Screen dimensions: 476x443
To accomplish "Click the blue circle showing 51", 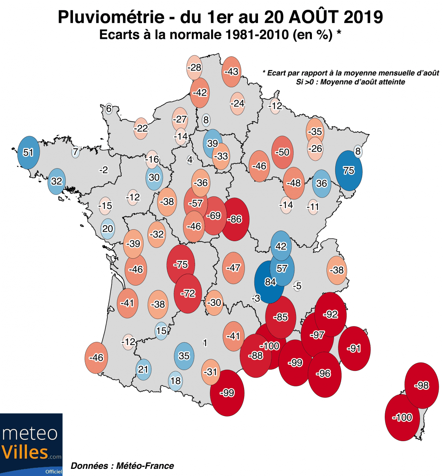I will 29,152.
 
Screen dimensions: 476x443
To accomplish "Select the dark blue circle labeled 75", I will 349,171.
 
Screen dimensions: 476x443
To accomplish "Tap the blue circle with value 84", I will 270,282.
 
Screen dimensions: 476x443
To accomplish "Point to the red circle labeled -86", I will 235,219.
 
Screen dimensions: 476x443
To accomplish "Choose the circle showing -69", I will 214,216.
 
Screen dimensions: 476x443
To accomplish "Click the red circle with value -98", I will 422,385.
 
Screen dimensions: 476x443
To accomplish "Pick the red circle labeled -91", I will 354,348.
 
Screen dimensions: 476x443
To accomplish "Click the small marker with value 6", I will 109,109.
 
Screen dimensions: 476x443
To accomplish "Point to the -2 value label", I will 103,170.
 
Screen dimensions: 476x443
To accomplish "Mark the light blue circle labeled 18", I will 176,381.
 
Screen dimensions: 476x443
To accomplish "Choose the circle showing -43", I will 231,72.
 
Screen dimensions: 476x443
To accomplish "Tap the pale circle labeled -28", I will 194,67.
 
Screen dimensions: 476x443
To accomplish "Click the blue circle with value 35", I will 184,356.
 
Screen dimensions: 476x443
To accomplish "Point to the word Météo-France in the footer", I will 145,466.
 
